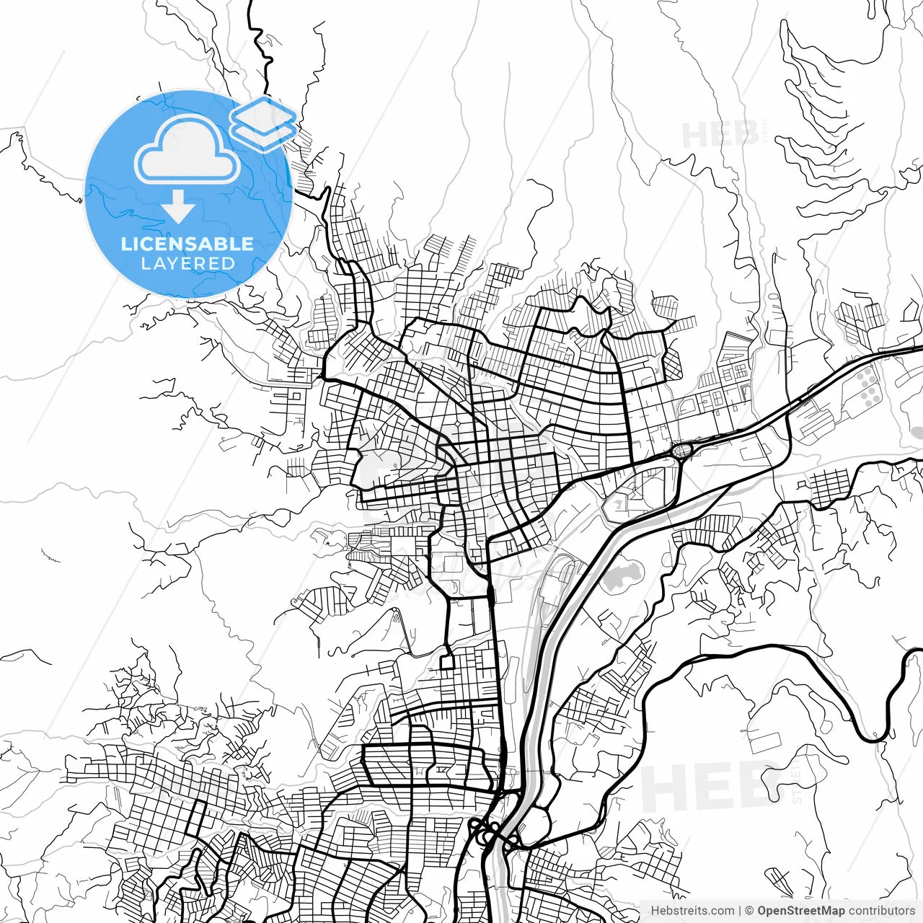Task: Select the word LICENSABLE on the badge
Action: tap(187, 244)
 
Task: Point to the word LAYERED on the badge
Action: tap(187, 264)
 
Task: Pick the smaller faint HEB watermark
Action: tap(720, 135)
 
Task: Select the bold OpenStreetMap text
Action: tap(800, 911)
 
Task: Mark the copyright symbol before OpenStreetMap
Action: tap(749, 911)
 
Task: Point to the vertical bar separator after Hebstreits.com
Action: tap(740, 911)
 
